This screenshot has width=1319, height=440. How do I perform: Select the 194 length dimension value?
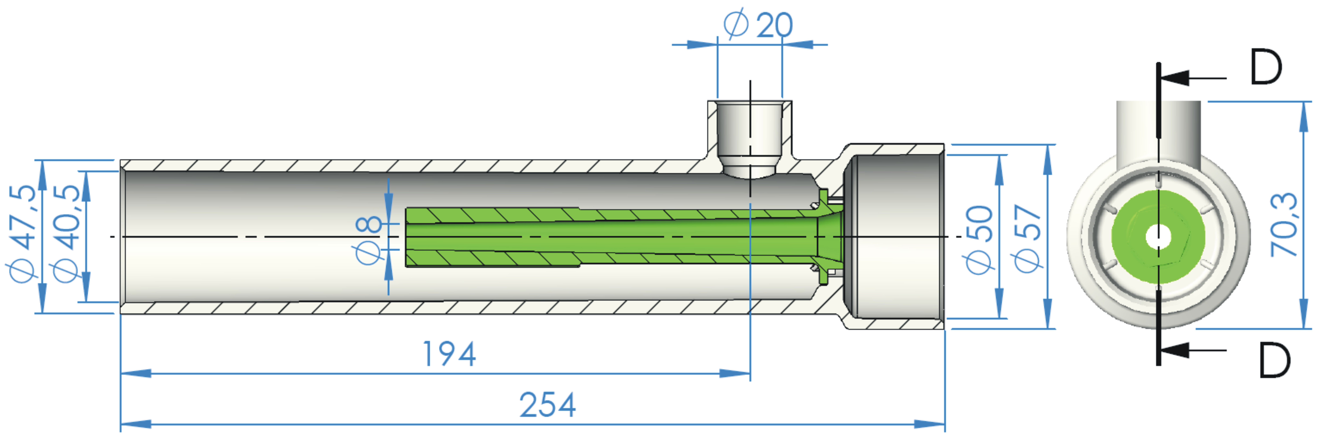449,354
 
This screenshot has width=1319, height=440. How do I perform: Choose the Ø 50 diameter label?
979,239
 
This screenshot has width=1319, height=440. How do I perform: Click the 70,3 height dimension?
1284,225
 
